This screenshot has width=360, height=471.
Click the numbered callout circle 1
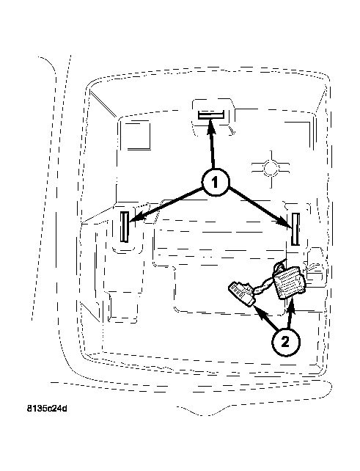click(x=215, y=183)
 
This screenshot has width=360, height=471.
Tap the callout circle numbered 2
click(x=285, y=342)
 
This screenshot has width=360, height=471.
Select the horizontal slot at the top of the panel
click(x=210, y=115)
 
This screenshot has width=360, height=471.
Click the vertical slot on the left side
click(x=125, y=227)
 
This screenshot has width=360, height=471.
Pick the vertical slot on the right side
click(x=295, y=229)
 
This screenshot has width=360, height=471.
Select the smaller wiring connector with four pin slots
click(x=242, y=293)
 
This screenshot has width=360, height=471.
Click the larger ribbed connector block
click(x=289, y=283)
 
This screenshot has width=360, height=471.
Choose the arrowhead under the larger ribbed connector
click(x=291, y=307)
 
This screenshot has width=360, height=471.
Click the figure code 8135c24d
click(x=47, y=409)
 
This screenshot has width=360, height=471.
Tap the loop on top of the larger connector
click(x=280, y=266)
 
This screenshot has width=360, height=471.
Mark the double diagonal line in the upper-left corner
click(x=103, y=103)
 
